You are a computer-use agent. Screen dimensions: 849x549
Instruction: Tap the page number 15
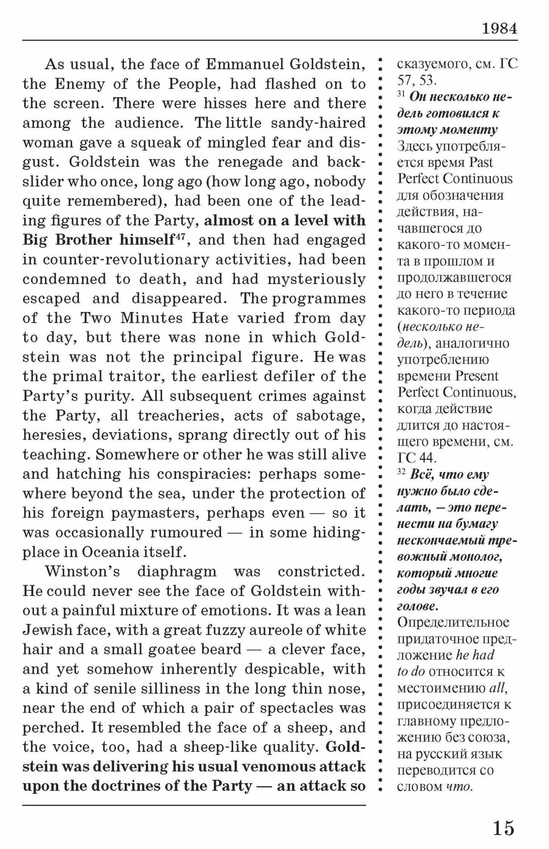pos(504,827)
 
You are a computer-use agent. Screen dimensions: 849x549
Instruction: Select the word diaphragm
pos(177,571)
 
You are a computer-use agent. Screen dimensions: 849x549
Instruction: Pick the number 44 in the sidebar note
pos(428,458)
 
